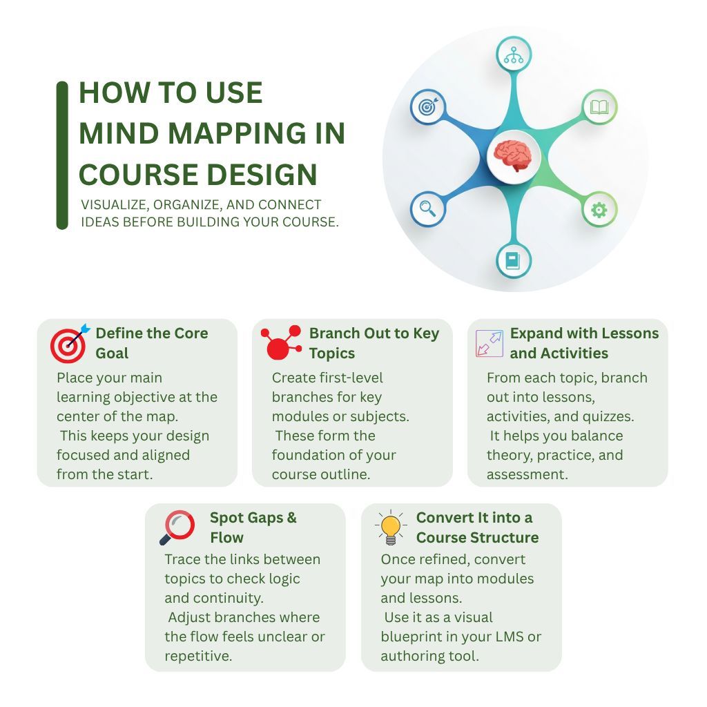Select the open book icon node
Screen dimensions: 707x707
599,107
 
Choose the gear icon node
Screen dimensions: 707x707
599,210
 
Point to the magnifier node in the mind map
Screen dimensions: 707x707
428,209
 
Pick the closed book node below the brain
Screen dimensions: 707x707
514,260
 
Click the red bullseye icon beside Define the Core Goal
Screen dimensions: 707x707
69,342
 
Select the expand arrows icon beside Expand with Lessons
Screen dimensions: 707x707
490,343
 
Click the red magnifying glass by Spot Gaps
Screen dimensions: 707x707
177,527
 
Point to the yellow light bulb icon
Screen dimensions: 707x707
391,527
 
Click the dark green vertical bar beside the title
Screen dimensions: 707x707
62,155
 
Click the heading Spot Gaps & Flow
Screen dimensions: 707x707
253,527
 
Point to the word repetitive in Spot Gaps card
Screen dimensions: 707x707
198,656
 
